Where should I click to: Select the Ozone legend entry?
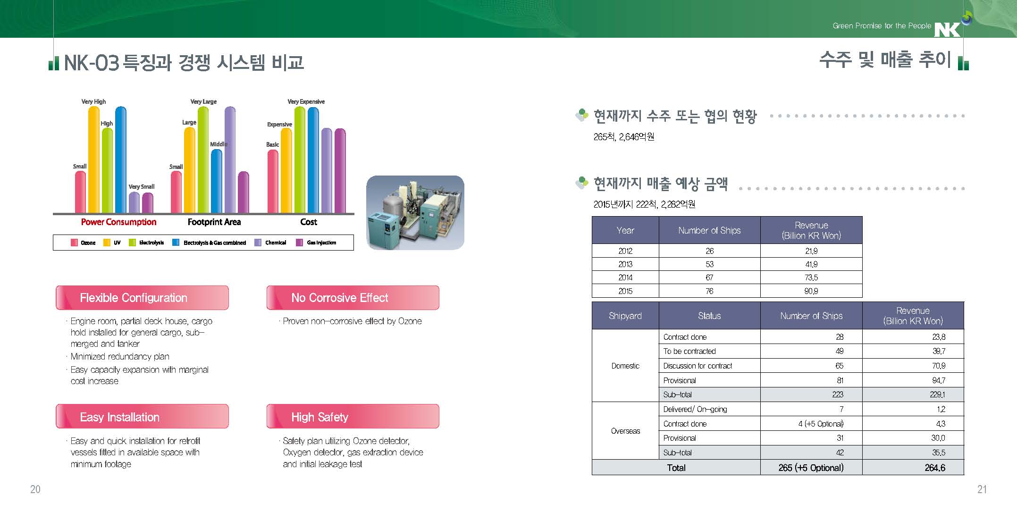[84, 243]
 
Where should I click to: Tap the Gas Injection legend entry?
[316, 243]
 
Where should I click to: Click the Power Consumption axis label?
[118, 222]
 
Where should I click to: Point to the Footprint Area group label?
[214, 222]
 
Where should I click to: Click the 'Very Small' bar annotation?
[142, 186]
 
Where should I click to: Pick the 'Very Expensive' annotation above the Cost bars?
[306, 101]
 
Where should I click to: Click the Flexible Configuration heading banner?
[142, 298]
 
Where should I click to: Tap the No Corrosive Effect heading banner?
[353, 298]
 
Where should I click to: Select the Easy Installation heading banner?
[142, 417]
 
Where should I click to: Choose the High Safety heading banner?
[353, 417]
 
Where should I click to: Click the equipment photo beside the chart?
[415, 213]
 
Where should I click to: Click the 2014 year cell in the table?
[625, 277]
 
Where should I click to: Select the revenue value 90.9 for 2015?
[811, 291]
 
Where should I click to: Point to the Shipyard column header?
[625, 316]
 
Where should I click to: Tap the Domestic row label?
[625, 366]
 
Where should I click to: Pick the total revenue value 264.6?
[935, 468]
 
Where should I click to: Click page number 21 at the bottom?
[982, 489]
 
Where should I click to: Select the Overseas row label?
[625, 431]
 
